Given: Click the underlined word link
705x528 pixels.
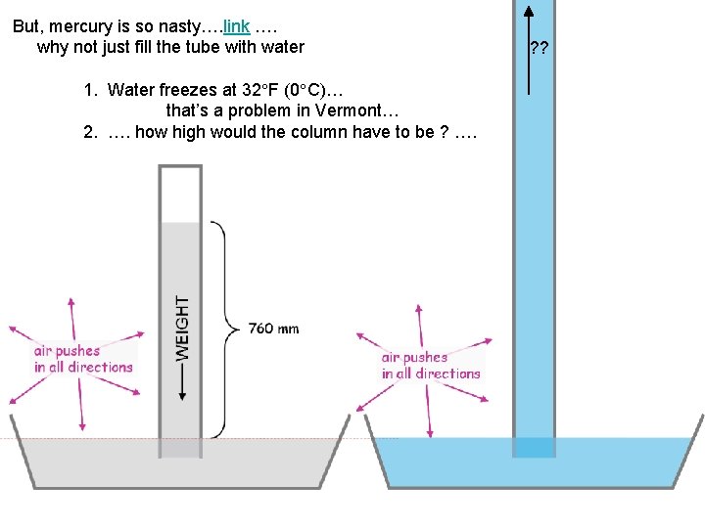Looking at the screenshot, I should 236,26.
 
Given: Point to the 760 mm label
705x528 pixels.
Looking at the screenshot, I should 273,329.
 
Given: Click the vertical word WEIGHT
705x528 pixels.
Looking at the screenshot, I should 183,329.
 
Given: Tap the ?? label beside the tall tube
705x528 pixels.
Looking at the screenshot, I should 539,47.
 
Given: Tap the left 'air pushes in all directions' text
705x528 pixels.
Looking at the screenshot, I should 82,359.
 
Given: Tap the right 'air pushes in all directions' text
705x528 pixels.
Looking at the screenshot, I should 431,366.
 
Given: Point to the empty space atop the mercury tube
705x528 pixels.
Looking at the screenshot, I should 180,196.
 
